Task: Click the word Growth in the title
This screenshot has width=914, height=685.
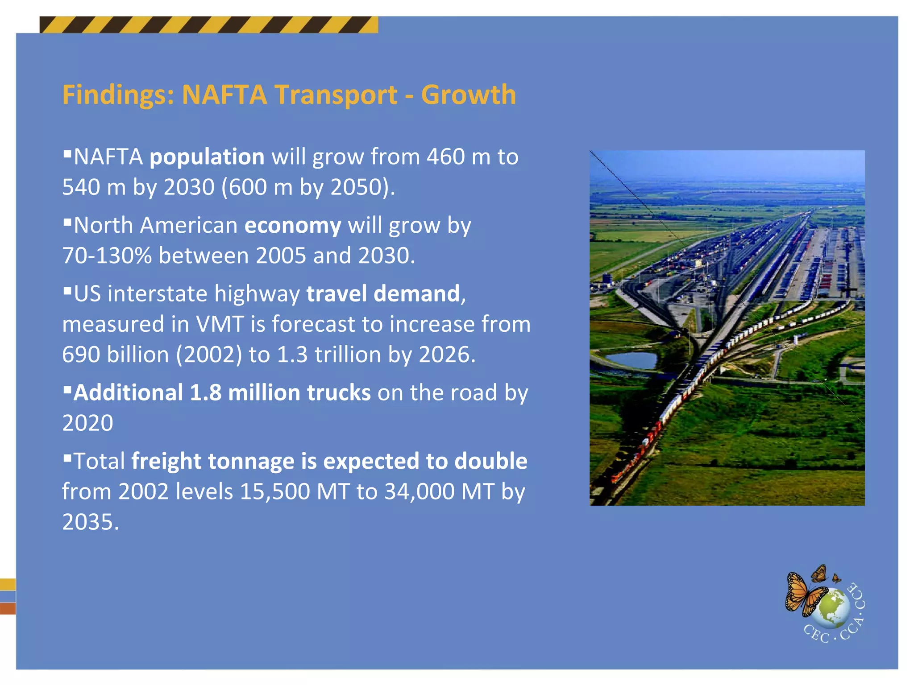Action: [x=468, y=95]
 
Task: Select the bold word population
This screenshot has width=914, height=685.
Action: [x=207, y=157]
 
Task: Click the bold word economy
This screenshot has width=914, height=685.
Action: [x=293, y=226]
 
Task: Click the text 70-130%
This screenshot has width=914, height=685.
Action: [x=107, y=256]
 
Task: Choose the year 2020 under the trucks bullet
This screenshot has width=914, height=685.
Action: [x=88, y=423]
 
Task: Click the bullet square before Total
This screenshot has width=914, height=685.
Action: [x=67, y=458]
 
